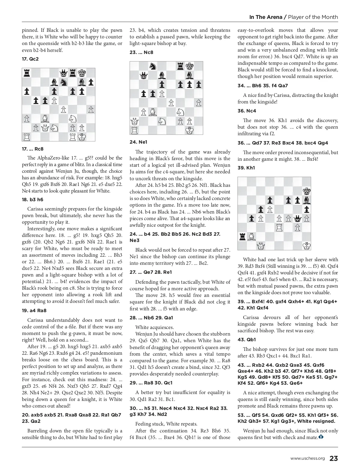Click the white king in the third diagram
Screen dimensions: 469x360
[x=306, y=246]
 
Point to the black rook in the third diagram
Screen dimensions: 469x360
[x=242, y=237]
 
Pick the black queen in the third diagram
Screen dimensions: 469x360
[x=297, y=218]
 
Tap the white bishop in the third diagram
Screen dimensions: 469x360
[x=251, y=237]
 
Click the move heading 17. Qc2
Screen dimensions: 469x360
[x=30, y=59]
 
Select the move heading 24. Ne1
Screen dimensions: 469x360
[x=138, y=142]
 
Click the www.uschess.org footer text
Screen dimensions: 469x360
[x=307, y=458]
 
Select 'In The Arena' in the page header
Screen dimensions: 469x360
[x=266, y=17]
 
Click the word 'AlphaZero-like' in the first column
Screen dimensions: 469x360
[x=50, y=158]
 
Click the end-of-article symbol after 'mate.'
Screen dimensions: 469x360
[x=321, y=437]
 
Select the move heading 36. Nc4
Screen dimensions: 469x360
[x=247, y=111]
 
